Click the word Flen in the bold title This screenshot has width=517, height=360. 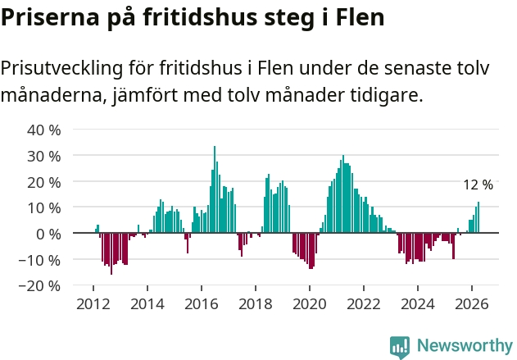point(360,17)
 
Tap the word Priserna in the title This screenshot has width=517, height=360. point(50,17)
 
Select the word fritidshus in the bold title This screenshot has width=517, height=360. point(200,17)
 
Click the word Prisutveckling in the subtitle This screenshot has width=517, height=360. point(61,68)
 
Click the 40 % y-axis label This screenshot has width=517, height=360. point(44,130)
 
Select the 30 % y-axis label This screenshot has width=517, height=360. point(44,156)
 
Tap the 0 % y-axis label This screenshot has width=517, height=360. point(48,235)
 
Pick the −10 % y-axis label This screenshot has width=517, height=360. point(39,260)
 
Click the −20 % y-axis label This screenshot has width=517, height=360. point(39,285)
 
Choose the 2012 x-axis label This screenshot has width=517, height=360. point(93,304)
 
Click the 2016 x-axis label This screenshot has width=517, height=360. point(202,304)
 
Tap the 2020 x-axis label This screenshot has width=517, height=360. point(310,304)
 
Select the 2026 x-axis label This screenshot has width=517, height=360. point(471,304)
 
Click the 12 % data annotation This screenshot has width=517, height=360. point(478,185)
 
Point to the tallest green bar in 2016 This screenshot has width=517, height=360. point(215,189)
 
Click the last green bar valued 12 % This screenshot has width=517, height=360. point(478,217)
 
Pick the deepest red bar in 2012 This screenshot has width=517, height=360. point(111,253)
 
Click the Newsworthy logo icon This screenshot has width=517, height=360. point(400,348)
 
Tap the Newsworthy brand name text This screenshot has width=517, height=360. point(465,345)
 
